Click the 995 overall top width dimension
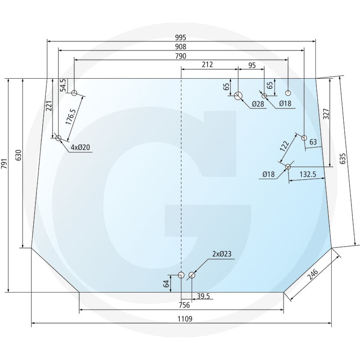click(x=181, y=37)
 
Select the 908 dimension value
click(x=181, y=47)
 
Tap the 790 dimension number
click(x=181, y=56)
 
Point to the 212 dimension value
click(x=207, y=64)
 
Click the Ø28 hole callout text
click(x=258, y=104)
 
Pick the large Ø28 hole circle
click(x=238, y=96)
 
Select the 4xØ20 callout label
click(x=81, y=147)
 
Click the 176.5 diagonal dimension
click(x=71, y=117)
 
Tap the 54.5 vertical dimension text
click(x=63, y=85)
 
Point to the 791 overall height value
click(x=4, y=163)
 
